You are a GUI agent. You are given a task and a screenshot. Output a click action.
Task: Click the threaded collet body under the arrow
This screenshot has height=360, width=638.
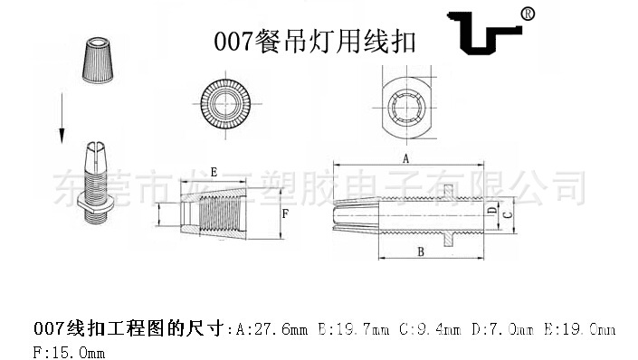pos(99,181)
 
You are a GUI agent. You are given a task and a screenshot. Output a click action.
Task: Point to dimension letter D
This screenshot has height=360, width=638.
pos(491,212)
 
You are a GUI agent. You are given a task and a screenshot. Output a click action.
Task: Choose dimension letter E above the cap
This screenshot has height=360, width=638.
pos(213,171)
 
